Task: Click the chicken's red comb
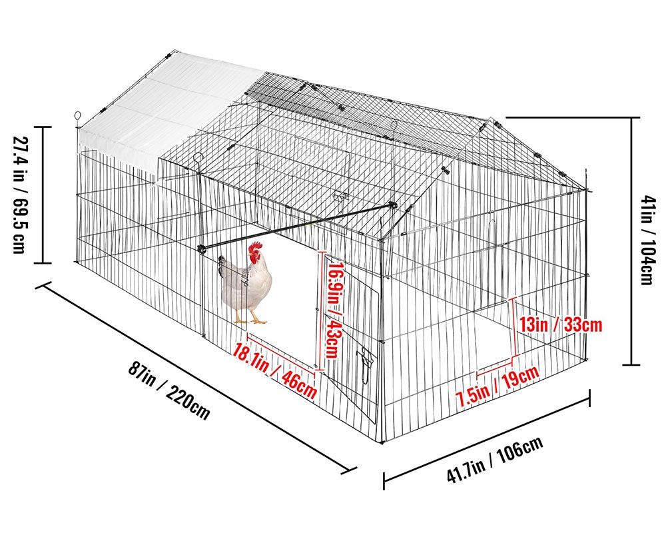coord(255,249)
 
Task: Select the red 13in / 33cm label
coord(561,325)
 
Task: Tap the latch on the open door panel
coord(365,365)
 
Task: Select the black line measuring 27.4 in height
coord(43,195)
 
